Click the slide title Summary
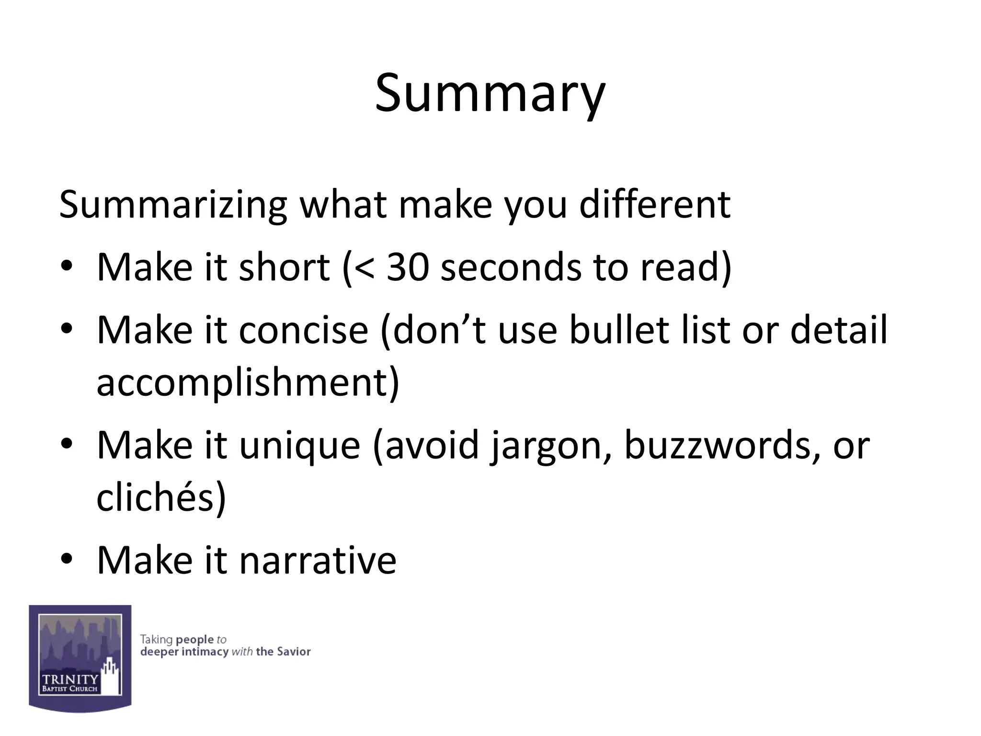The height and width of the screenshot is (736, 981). click(x=490, y=93)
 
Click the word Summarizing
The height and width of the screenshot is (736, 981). click(x=173, y=205)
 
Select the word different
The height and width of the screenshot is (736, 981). click(x=654, y=205)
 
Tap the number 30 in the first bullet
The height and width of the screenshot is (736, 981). click(x=407, y=267)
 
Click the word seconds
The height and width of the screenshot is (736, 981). click(x=511, y=267)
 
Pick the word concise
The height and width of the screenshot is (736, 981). click(x=304, y=330)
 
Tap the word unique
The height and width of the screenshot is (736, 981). click(x=299, y=445)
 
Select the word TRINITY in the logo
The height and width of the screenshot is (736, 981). click(x=70, y=679)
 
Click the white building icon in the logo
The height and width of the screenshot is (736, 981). click(x=111, y=676)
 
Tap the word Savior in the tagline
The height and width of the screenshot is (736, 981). click(x=294, y=652)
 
